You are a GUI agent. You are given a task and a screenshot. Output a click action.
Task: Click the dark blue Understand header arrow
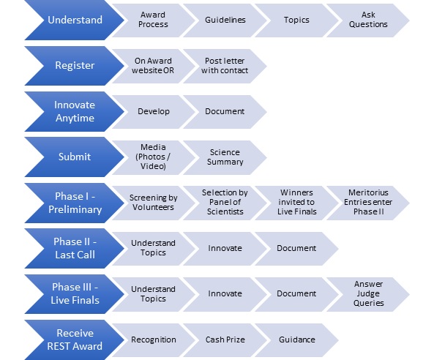tap(75, 20)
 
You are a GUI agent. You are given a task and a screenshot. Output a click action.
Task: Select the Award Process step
tap(153, 20)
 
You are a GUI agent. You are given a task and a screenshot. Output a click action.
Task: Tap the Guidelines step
tap(225, 20)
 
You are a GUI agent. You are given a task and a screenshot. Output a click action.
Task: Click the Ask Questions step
tap(368, 20)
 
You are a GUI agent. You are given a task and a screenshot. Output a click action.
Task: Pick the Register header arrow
tap(75, 66)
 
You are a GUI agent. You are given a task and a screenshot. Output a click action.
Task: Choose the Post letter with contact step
tap(225, 66)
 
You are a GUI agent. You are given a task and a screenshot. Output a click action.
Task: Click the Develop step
tap(153, 111)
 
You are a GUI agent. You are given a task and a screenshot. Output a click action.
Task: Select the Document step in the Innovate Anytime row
tap(225, 111)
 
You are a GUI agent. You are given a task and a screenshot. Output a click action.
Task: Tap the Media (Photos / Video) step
tap(153, 157)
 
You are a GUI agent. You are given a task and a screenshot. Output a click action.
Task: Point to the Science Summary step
tap(225, 157)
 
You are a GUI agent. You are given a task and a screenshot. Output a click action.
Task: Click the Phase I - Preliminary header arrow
tap(75, 203)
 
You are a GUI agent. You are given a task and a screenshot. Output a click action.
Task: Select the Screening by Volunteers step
tap(153, 203)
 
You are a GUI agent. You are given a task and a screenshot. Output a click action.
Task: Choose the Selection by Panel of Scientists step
tap(225, 203)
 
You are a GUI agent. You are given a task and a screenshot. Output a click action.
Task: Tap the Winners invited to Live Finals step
tap(296, 203)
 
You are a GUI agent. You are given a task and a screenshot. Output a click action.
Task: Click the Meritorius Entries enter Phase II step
tap(368, 203)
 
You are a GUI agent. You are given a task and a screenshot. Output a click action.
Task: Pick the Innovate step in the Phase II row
tap(225, 249)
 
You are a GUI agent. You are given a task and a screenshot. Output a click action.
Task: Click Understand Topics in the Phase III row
tap(153, 294)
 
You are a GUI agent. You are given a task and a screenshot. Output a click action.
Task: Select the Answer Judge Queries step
tap(368, 294)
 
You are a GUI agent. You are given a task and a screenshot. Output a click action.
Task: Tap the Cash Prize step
tap(225, 340)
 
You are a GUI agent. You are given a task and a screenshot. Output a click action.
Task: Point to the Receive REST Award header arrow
tap(75, 340)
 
